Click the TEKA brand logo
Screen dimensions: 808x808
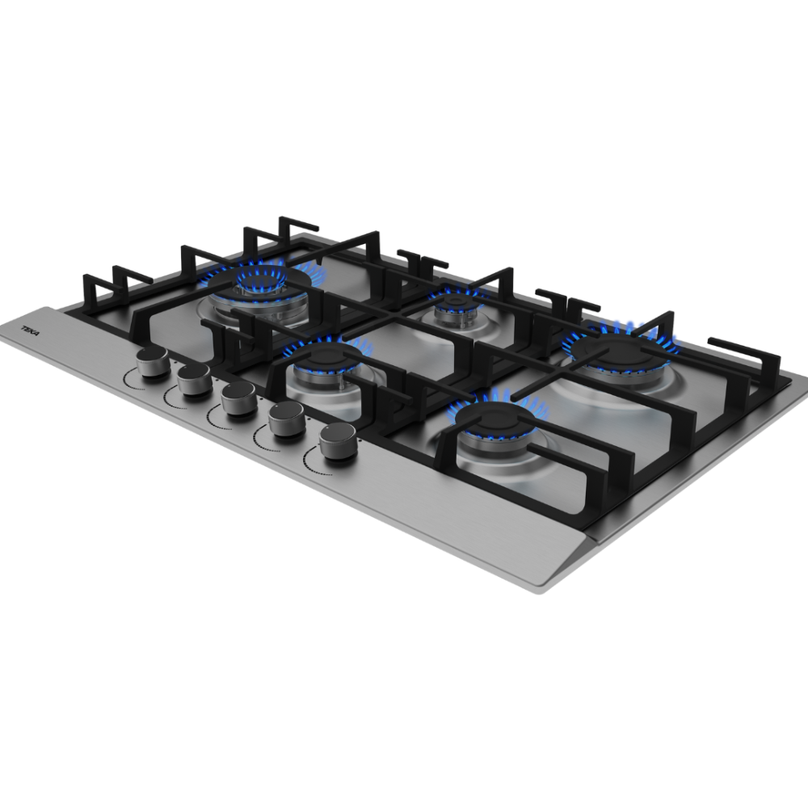[30, 330]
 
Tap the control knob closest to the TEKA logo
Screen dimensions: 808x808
[153, 363]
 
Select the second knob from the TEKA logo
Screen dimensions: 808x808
[194, 380]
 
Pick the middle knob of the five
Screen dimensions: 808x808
[240, 400]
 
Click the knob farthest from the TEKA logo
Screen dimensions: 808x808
[337, 441]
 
